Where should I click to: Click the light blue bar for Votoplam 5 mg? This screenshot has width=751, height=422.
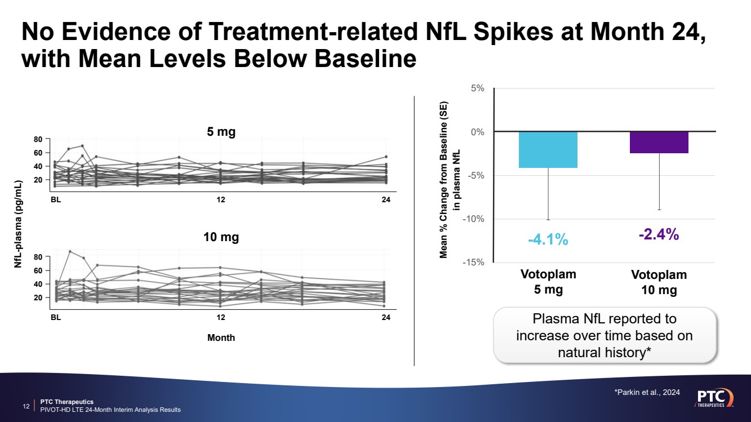click(548, 150)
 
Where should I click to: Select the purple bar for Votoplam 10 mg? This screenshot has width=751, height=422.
click(659, 143)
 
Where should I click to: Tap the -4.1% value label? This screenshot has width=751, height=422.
click(548, 239)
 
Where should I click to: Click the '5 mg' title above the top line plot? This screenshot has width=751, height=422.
click(221, 132)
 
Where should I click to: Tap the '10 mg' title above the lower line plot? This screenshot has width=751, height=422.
click(221, 237)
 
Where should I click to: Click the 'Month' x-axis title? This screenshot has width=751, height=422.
click(221, 337)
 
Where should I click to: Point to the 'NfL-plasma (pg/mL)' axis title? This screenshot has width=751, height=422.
click(18, 224)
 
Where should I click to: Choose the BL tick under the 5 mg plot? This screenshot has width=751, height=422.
click(56, 199)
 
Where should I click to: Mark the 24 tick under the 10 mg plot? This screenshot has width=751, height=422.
click(386, 318)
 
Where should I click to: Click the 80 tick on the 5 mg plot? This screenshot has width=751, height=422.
click(38, 139)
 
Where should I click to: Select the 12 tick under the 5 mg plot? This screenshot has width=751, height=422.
click(221, 199)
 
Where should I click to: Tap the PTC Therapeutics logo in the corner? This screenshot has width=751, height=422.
click(715, 397)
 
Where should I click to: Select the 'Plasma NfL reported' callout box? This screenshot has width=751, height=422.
click(605, 335)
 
